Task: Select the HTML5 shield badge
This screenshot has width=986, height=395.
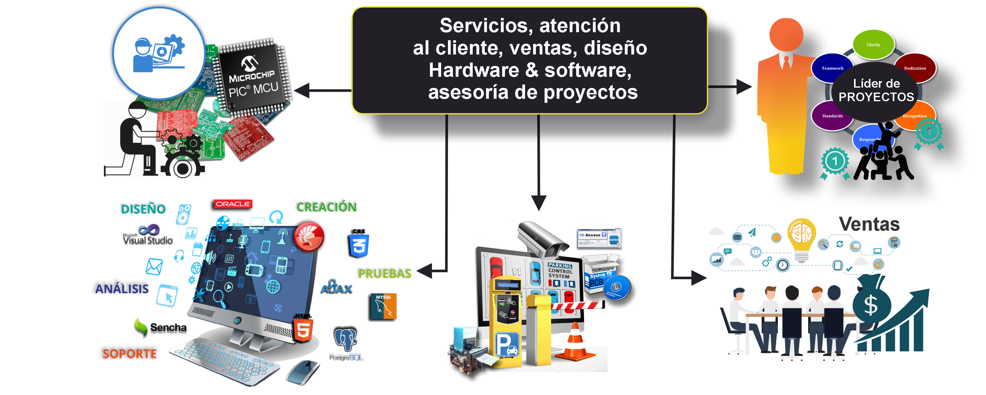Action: click(x=304, y=328)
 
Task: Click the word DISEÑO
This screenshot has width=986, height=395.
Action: click(x=142, y=208)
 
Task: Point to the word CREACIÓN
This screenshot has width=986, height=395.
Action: click(x=326, y=207)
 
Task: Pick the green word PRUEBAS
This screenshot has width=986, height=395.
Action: click(x=384, y=273)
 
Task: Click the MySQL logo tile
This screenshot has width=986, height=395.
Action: click(x=382, y=307)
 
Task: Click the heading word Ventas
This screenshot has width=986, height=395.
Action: click(x=869, y=224)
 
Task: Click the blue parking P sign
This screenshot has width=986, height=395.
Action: click(x=507, y=344)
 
